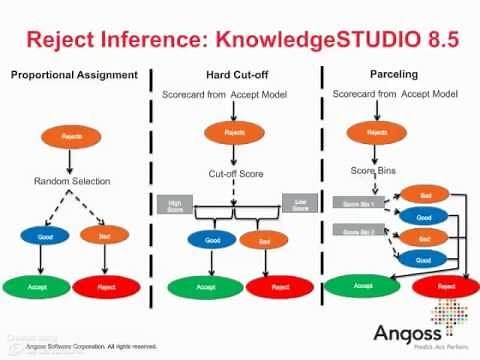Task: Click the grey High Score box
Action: pos(174,204)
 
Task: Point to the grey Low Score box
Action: pos(299,204)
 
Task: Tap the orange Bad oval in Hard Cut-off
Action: pos(261,240)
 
